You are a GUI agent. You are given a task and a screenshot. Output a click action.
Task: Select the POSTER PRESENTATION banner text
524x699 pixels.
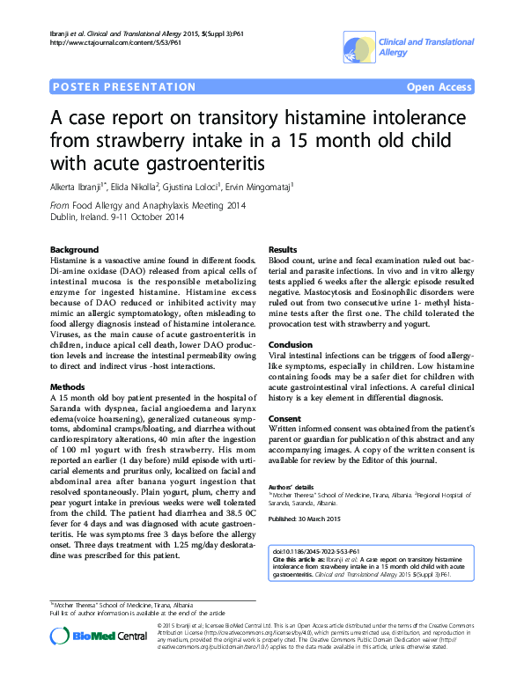124,87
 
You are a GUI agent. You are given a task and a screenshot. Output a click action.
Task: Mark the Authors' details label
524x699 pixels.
292,487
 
